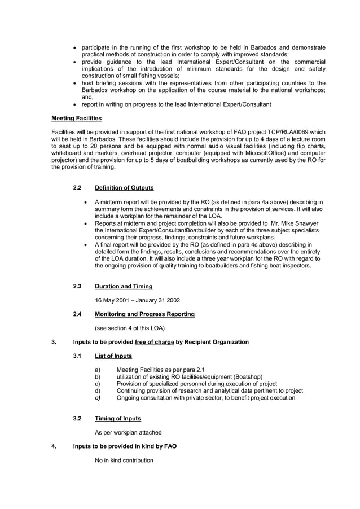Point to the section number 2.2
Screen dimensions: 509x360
[78, 187]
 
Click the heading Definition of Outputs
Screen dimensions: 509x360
[124, 187]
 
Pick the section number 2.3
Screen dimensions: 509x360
[78, 286]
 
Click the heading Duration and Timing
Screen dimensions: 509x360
[124, 286]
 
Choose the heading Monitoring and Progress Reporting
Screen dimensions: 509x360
[144, 314]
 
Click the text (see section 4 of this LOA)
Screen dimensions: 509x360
[129, 328]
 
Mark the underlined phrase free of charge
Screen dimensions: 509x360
[155, 342]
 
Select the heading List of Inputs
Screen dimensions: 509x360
[113, 356]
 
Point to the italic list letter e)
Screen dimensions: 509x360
[98, 398]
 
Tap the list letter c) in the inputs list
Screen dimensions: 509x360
[98, 384]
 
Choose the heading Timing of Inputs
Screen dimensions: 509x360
[118, 418]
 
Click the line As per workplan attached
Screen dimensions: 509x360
[128, 432]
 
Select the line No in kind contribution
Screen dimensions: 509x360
[124, 460]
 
